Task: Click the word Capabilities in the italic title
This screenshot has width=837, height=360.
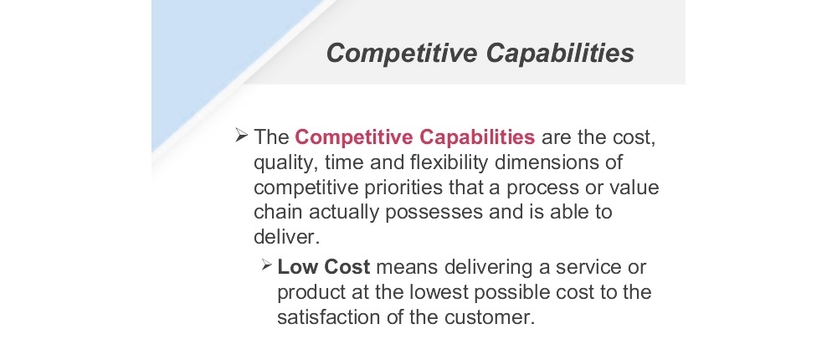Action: (560, 54)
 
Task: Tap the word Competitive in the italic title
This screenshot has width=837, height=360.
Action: (402, 54)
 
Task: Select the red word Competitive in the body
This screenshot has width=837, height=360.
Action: (353, 137)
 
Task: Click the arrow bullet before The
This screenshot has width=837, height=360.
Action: (241, 136)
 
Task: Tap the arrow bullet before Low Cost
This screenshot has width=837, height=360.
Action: (267, 265)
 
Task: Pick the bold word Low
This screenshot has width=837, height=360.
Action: (295, 266)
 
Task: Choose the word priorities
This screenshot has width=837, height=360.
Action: (403, 188)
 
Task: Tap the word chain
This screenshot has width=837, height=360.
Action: (278, 212)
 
